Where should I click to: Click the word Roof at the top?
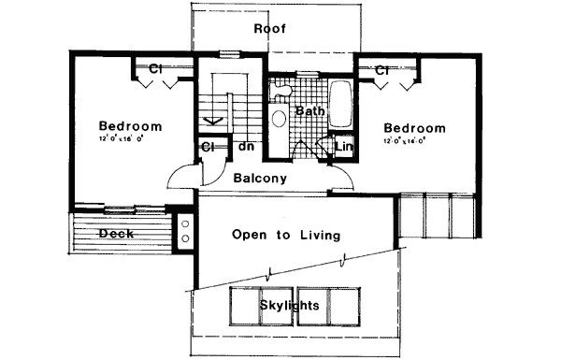(x=270, y=29)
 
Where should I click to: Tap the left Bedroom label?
(x=131, y=126)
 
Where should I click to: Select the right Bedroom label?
(x=413, y=128)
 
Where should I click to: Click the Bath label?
(x=309, y=111)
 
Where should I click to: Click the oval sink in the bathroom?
(x=278, y=119)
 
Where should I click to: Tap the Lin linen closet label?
(x=343, y=146)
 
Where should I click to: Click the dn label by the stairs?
(x=247, y=147)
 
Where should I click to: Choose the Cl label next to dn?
(x=209, y=147)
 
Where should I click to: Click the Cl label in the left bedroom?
(x=156, y=68)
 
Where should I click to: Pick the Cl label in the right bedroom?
(x=382, y=69)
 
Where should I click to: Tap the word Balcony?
(x=260, y=178)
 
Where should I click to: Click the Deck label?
(x=115, y=233)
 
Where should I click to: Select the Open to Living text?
(x=285, y=236)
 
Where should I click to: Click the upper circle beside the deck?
(x=185, y=223)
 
